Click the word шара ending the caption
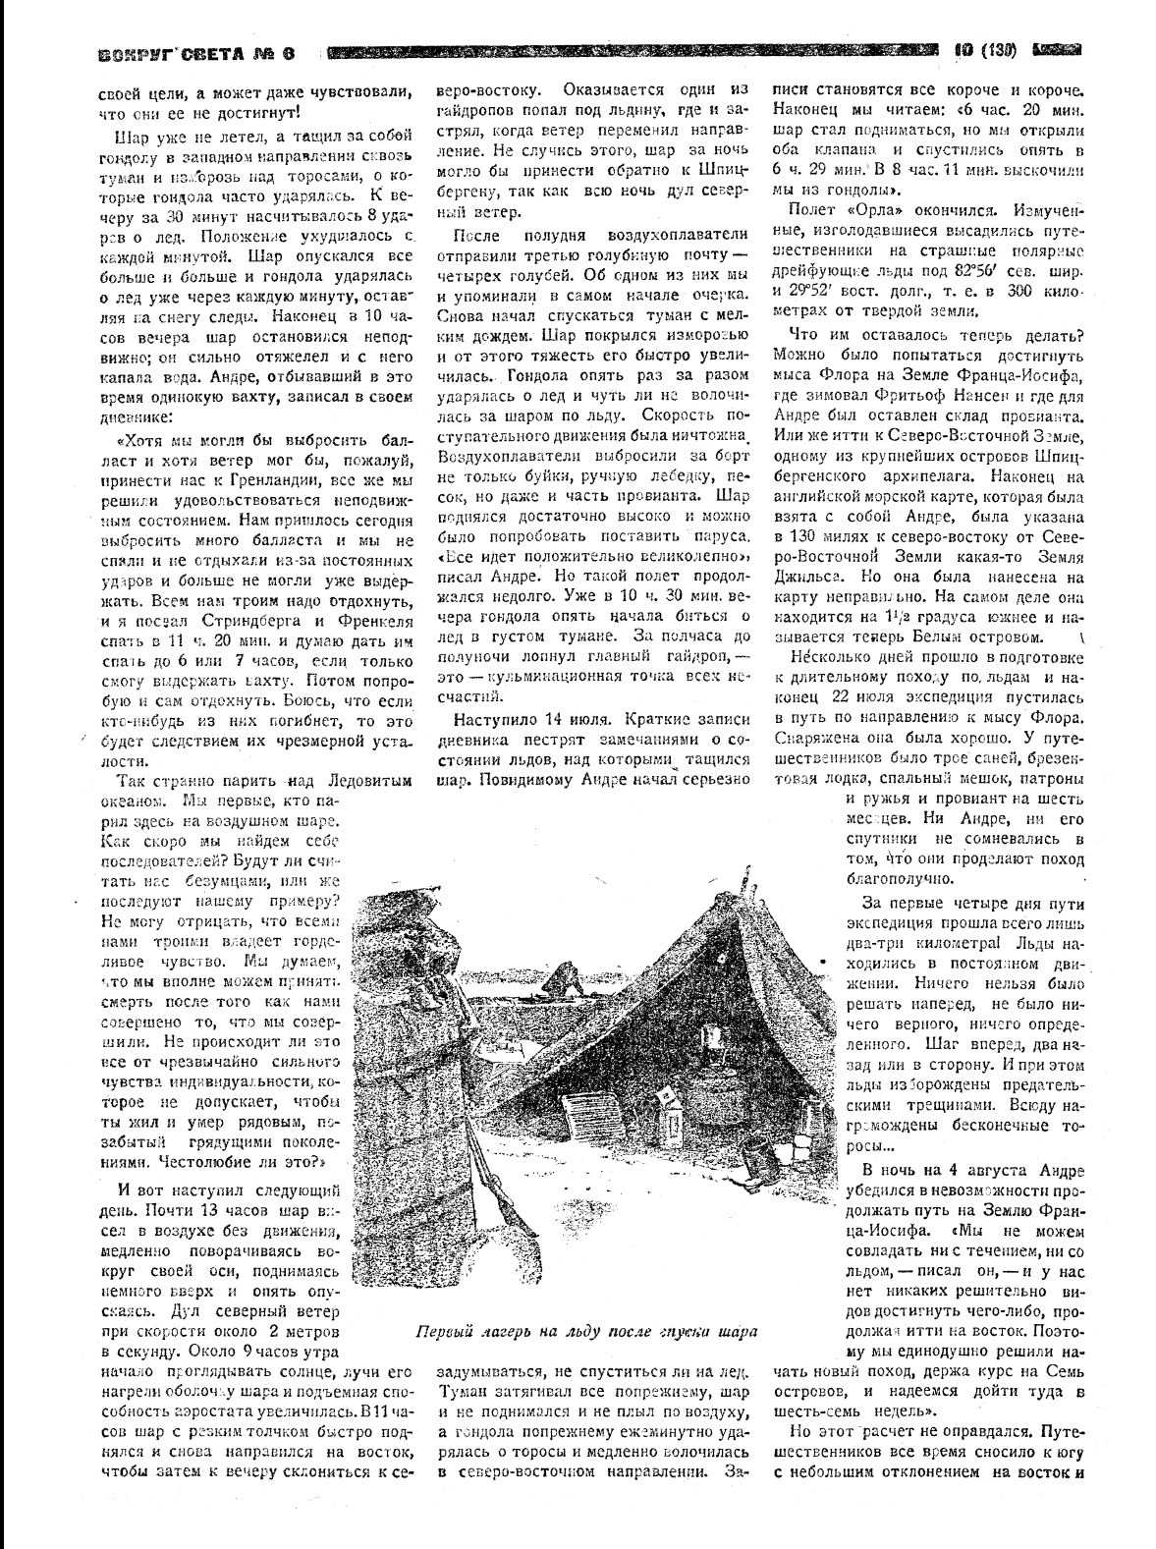[x=739, y=1333]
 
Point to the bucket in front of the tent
[x=758, y=1150]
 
